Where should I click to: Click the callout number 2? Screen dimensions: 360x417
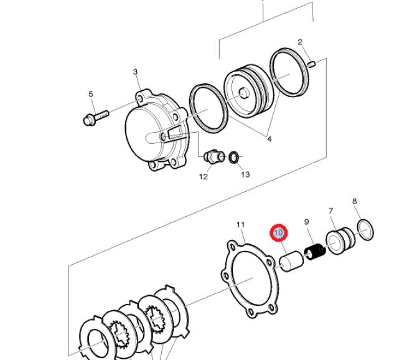coord(300,42)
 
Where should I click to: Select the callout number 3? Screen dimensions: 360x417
coord(136,72)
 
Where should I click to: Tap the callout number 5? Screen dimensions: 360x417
coord(91,95)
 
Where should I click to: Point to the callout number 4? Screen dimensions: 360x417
coord(269,140)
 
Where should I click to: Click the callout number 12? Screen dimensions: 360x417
coord(204,177)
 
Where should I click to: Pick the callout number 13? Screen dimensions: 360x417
coord(245,174)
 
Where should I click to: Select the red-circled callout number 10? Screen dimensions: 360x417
coord(278,233)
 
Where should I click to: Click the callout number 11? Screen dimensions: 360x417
coord(241,225)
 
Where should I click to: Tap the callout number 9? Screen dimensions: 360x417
coord(306,222)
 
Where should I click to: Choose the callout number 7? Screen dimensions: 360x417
coord(330,212)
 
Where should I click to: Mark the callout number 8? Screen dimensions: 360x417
coord(354,201)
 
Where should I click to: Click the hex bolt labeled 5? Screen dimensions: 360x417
coord(95,116)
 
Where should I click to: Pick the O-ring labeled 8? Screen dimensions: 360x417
coord(367,229)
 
